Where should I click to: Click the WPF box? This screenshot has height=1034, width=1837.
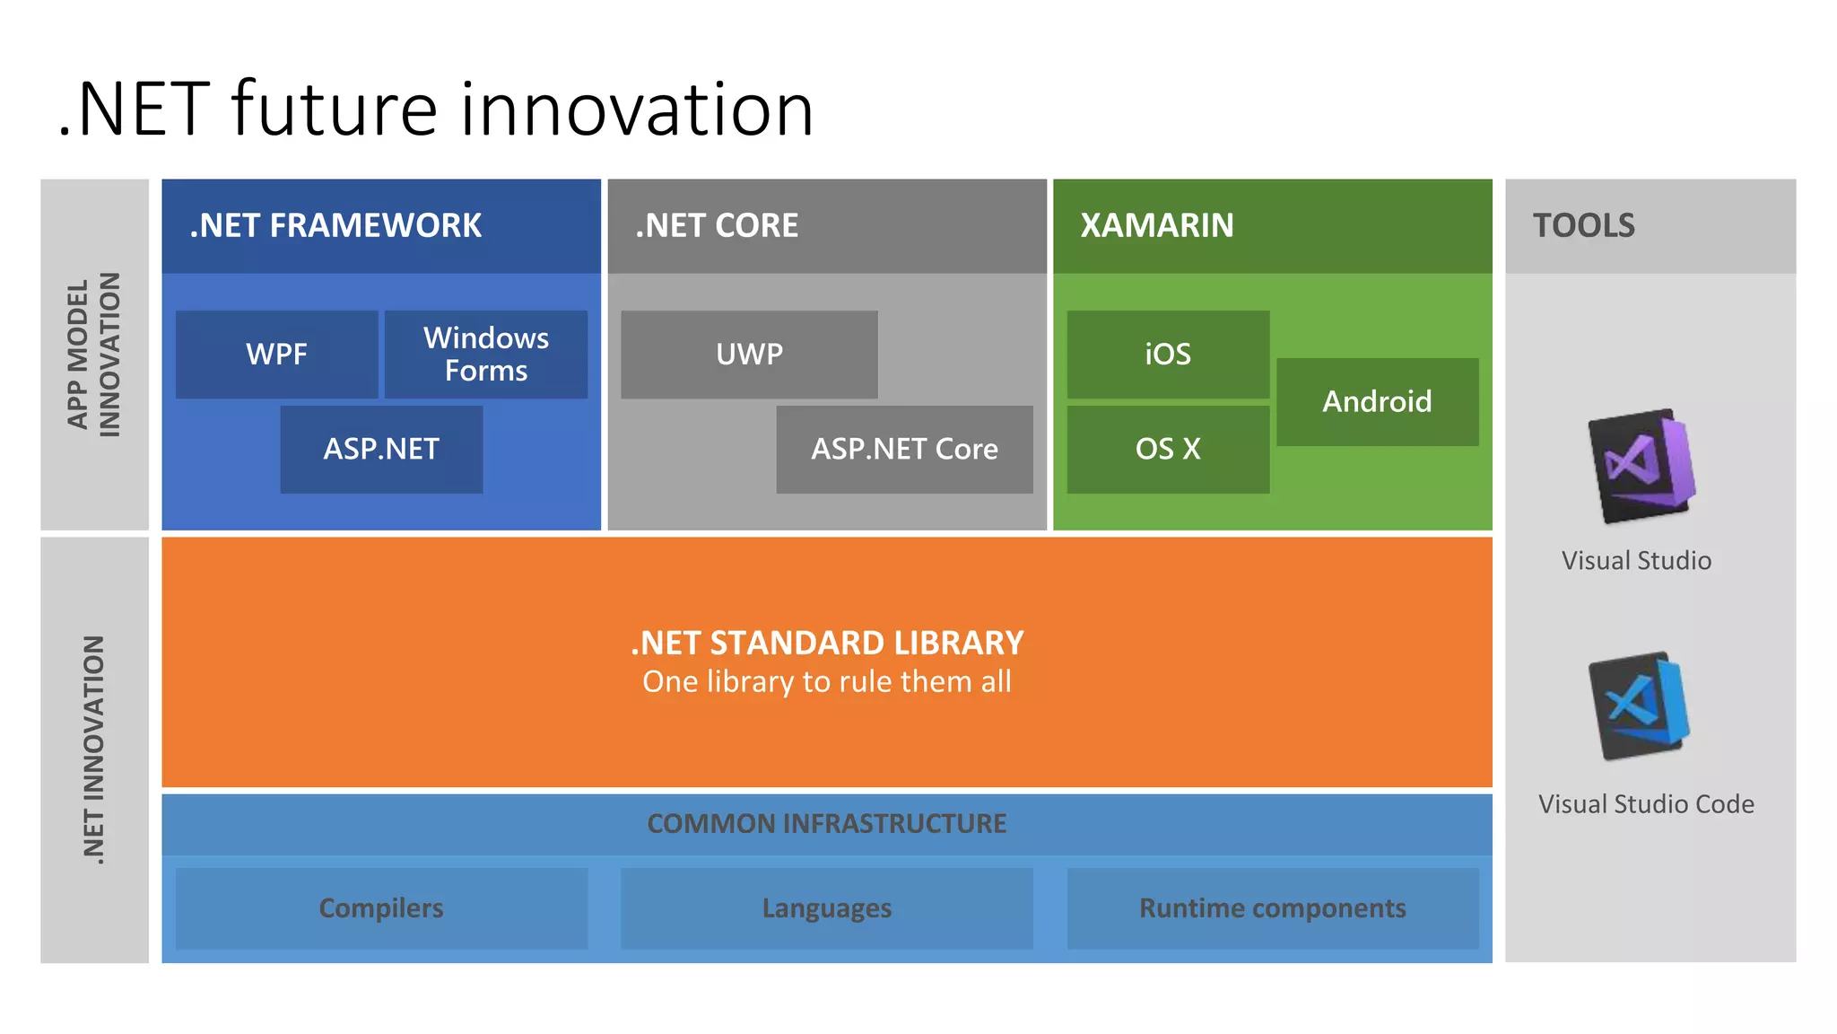pyautogui.click(x=276, y=355)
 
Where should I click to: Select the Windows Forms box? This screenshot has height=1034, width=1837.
pyautogui.click(x=486, y=355)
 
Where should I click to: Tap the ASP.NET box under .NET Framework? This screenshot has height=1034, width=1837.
pyautogui.click(x=381, y=449)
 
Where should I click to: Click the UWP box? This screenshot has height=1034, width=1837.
pyautogui.click(x=749, y=355)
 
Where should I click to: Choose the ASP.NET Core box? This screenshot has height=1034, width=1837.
pyautogui.click(x=904, y=449)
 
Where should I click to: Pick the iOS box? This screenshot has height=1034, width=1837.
pyautogui.click(x=1168, y=355)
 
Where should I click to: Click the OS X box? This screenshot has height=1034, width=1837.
pyautogui.click(x=1168, y=449)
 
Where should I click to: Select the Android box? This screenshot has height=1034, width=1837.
pyautogui.click(x=1377, y=401)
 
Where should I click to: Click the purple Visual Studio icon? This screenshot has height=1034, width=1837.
pyautogui.click(x=1641, y=466)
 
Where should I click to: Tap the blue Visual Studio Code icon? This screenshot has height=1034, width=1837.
pyautogui.click(x=1639, y=706)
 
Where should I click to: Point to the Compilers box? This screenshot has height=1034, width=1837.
pyautogui.click(x=381, y=908)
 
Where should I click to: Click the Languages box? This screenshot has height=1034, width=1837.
pyautogui.click(x=826, y=908)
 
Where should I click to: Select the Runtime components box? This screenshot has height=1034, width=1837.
pyautogui.click(x=1272, y=908)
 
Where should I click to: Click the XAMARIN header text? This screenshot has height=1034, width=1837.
pyautogui.click(x=1156, y=225)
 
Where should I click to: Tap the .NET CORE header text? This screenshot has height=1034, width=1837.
pyautogui.click(x=716, y=225)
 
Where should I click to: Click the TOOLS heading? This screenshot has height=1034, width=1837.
pyautogui.click(x=1583, y=225)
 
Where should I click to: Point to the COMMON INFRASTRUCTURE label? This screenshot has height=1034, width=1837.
pyautogui.click(x=826, y=823)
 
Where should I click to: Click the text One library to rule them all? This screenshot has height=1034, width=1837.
pyautogui.click(x=826, y=682)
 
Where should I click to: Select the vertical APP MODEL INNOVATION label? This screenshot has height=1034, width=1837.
pyautogui.click(x=94, y=355)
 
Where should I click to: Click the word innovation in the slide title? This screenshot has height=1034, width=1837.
pyautogui.click(x=637, y=110)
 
